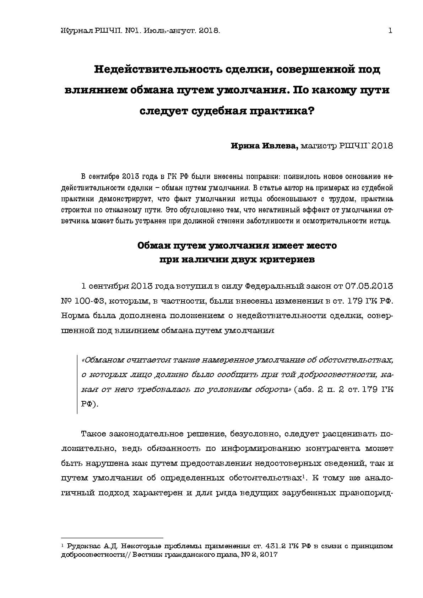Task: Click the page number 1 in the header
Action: pos(390,31)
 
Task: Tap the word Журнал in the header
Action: pos(76,31)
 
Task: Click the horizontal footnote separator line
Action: pos(112,538)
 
